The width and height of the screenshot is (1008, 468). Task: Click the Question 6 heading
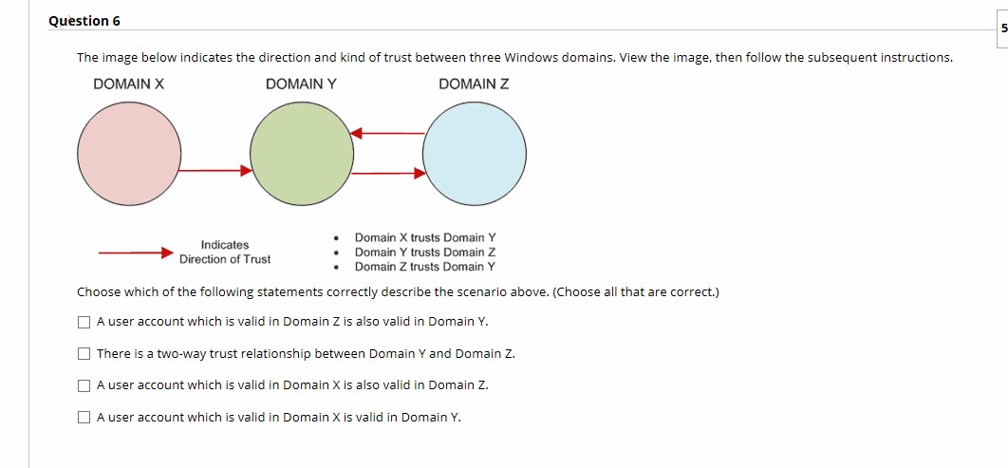[84, 21]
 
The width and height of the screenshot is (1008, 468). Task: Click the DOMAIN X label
[128, 84]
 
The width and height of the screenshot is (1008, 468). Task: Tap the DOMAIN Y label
[301, 84]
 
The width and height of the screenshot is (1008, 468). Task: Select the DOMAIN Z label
[474, 84]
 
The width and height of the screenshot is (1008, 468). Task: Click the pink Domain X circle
[129, 154]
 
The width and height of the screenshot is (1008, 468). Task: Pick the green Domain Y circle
[302, 154]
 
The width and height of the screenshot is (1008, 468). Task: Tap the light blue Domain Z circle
[474, 154]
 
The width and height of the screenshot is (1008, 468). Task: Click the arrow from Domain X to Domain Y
[216, 171]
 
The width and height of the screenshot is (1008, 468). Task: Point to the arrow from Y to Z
[389, 174]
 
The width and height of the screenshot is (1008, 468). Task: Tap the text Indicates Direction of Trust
[225, 253]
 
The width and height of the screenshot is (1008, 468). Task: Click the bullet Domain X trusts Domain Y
[425, 237]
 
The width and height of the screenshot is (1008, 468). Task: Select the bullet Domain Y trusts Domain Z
[425, 253]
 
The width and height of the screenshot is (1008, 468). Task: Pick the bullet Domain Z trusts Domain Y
[425, 267]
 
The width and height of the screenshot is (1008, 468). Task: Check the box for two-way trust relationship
[84, 354]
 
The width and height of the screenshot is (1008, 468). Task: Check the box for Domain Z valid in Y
[84, 322]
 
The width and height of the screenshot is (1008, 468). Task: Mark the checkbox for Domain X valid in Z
[84, 385]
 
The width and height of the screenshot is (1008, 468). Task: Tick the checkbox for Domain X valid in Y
[84, 418]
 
